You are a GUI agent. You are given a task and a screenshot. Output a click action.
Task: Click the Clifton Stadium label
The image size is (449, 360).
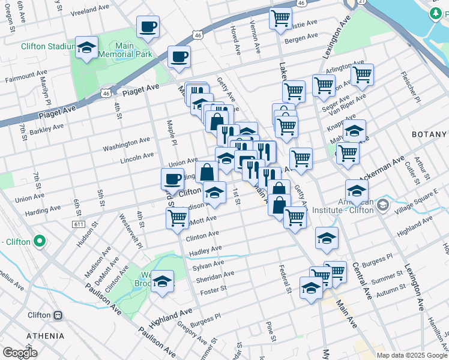click(47, 46)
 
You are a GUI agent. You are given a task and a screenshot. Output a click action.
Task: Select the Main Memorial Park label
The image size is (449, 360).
click(125, 50)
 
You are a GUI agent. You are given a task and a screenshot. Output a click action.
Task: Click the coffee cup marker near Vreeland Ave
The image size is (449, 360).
click(148, 26)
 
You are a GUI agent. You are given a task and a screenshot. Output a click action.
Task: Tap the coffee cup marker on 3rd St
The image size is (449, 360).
click(172, 178)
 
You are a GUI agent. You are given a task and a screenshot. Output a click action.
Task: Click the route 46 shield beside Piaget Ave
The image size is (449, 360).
click(106, 93)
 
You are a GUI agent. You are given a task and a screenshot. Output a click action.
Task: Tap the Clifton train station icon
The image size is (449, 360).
click(58, 315)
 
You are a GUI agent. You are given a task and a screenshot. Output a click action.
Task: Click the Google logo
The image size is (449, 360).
click(20, 352)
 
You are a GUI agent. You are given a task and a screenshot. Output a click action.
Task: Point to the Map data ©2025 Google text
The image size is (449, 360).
click(411, 355)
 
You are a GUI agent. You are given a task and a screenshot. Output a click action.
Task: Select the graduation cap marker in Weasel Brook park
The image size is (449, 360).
click(162, 282)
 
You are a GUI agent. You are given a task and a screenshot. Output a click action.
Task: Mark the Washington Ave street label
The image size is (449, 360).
click(126, 144)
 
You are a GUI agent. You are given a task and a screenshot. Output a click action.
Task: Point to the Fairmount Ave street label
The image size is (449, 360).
click(22, 79)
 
